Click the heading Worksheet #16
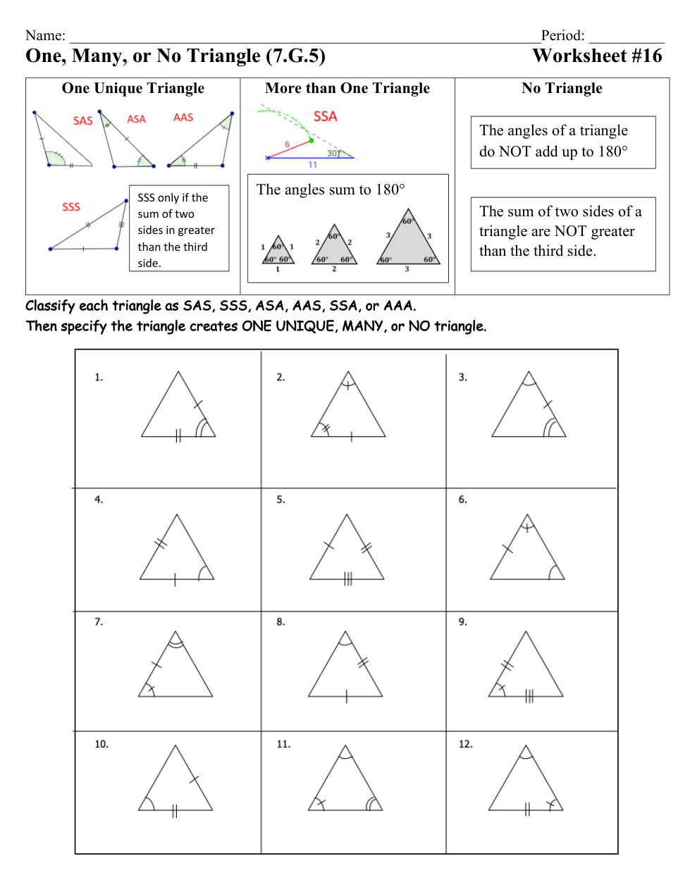point(597,56)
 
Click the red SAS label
point(82,120)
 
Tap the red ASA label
point(136,119)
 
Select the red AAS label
point(183,118)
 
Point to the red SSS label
point(71,206)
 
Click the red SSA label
point(325,116)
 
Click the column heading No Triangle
point(562,88)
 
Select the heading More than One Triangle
point(347,88)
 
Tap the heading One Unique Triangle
point(133,88)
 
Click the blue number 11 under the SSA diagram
point(313,165)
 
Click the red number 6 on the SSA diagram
point(287,144)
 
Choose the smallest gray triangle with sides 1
point(278,252)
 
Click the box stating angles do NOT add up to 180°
point(562,142)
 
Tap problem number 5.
point(281,500)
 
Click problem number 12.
point(465,744)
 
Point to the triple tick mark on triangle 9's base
point(529,696)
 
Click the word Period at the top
point(562,35)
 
